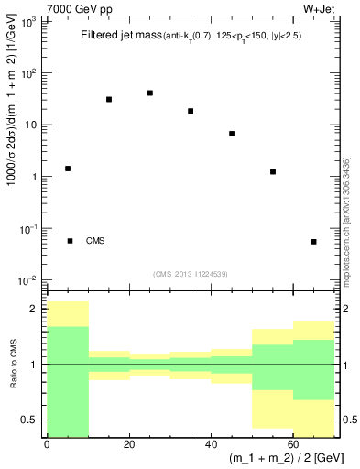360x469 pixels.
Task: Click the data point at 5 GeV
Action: (x=68, y=169)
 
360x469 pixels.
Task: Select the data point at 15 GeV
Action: (x=109, y=99)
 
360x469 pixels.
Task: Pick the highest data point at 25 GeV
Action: (x=150, y=93)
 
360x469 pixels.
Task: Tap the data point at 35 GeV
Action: (x=191, y=111)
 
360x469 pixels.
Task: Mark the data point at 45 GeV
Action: (x=232, y=134)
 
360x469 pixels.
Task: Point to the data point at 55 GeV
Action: (x=273, y=171)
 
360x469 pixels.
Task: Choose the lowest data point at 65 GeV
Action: (x=313, y=242)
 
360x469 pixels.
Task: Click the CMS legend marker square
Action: (x=71, y=241)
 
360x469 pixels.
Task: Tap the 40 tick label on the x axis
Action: (x=211, y=446)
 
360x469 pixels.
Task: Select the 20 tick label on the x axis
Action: (x=129, y=446)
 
